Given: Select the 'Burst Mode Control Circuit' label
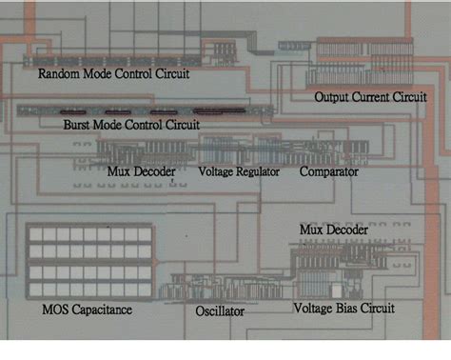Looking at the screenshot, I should [131, 125].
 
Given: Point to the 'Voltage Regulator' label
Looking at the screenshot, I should [237, 172].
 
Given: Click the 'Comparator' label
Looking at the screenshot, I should [328, 172].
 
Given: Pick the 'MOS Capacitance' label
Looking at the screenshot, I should [87, 310].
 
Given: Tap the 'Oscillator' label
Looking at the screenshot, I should [220, 311].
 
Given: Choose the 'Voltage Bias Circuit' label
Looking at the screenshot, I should [343, 309].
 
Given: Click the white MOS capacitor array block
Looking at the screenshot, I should [88, 261].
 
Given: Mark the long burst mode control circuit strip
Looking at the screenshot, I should [143, 110].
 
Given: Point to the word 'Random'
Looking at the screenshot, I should [58, 73].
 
